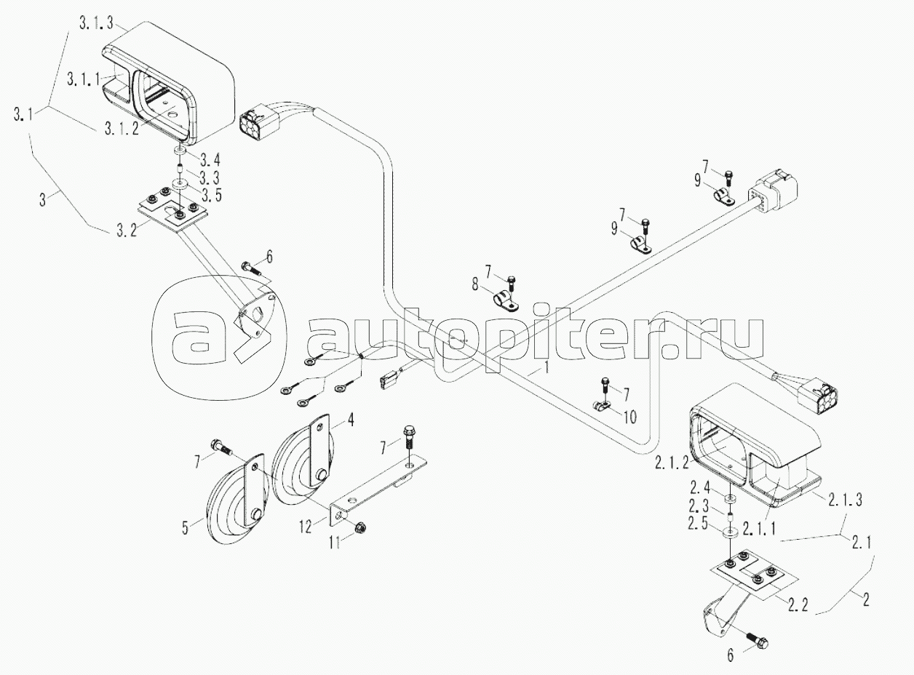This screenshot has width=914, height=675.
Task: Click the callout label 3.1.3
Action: pos(96,24)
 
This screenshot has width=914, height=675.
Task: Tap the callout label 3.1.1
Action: pos(84,79)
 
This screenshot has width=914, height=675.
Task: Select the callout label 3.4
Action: pos(210,159)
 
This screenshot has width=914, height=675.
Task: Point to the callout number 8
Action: pos(475,284)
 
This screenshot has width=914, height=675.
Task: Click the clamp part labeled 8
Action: pos(506,301)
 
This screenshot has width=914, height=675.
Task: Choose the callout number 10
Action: pos(629,417)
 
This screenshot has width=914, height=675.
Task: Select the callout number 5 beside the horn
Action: pos(185,527)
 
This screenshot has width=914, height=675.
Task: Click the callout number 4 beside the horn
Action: pos(351,420)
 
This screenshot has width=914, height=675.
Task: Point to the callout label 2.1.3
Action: pos(845,500)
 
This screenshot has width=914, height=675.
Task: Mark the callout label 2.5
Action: pos(698,524)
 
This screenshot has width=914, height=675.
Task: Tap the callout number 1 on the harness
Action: pos(547,367)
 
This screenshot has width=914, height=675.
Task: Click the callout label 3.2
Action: pos(127,231)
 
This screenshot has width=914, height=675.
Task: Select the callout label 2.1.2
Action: pos(671,463)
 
